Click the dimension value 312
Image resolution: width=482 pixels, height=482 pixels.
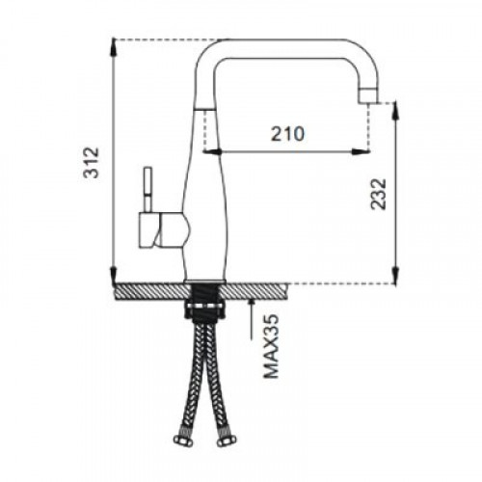[91, 162]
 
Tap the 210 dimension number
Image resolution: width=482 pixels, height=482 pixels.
[287, 134]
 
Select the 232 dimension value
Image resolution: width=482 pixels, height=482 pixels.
[378, 194]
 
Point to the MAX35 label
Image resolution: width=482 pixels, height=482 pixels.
[271, 346]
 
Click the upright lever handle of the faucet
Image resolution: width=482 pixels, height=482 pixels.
[147, 190]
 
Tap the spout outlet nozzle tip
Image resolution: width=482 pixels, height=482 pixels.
[369, 95]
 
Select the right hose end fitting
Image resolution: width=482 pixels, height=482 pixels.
[227, 440]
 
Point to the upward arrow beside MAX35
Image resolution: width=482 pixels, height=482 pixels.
[252, 318]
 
